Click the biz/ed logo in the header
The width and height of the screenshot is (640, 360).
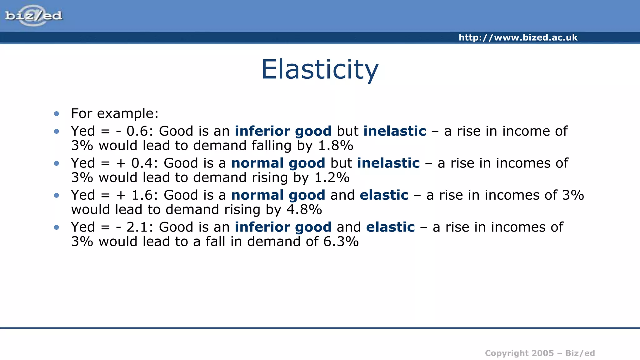tap(33, 16)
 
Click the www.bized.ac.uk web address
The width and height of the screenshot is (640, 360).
tap(518, 37)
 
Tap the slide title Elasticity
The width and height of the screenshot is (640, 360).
tap(320, 69)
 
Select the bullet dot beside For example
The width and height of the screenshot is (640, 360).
tap(57, 114)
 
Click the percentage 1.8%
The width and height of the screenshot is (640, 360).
tap(335, 146)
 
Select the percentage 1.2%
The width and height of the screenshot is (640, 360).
tap(332, 178)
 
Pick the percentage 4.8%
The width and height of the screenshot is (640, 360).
tap(304, 210)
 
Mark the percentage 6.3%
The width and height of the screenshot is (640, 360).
tap(341, 242)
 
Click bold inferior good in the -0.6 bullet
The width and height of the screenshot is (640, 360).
tap(283, 131)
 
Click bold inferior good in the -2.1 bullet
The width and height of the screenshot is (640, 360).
tap(283, 227)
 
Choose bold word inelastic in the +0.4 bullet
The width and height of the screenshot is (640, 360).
tap(388, 163)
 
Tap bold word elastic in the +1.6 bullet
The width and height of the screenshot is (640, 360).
tap(384, 195)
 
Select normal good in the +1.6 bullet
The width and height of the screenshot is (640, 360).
tap(278, 195)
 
